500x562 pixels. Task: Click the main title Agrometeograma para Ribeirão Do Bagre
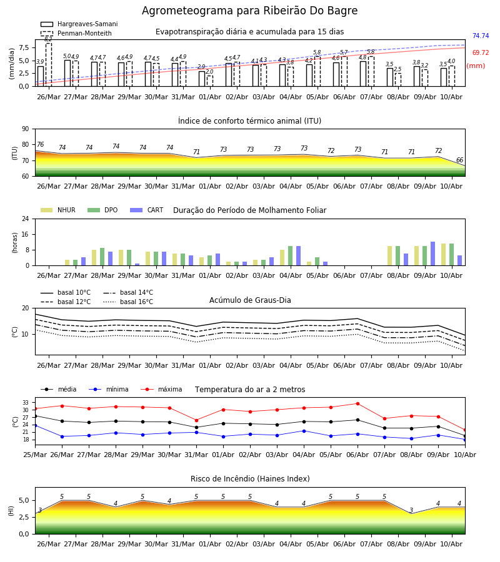pyautogui.click(x=249, y=11)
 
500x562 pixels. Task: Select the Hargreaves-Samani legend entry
pyautogui.click(x=79, y=24)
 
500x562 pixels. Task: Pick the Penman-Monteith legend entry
pyautogui.click(x=76, y=33)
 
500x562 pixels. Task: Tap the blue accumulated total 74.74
pyautogui.click(x=481, y=36)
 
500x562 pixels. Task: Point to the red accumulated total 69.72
pyautogui.click(x=481, y=52)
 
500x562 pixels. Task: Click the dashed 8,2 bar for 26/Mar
pyautogui.click(x=49, y=64)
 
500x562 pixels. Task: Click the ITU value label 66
pyautogui.click(x=459, y=160)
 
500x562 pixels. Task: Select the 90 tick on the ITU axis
pyautogui.click(x=25, y=129)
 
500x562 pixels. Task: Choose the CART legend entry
pyautogui.click(x=147, y=210)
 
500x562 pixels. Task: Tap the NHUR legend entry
pyautogui.click(x=58, y=210)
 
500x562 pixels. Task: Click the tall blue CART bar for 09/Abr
pyautogui.click(x=433, y=254)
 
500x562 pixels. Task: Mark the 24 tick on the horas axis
pyautogui.click(x=25, y=219)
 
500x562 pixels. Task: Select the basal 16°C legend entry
pyautogui.click(x=128, y=302)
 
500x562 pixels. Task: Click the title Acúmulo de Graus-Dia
pyautogui.click(x=250, y=300)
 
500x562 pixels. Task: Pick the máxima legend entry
pyautogui.click(x=162, y=389)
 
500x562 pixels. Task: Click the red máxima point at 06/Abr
pyautogui.click(x=358, y=403)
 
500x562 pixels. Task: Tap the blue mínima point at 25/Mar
pyautogui.click(x=36, y=425)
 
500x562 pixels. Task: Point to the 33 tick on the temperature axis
pyautogui.click(x=26, y=403)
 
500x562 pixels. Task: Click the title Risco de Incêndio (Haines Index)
pyautogui.click(x=250, y=479)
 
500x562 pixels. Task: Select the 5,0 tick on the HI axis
pyautogui.click(x=24, y=501)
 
